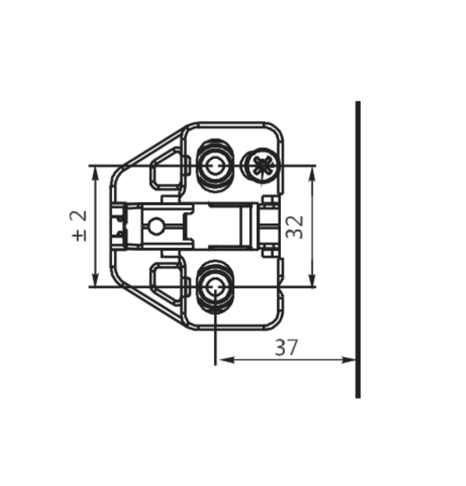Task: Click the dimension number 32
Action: [295, 227]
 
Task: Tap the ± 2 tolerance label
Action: [79, 226]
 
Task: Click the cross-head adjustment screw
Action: [262, 166]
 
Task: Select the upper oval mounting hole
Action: [215, 165]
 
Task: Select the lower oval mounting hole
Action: [215, 287]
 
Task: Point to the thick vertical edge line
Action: [358, 250]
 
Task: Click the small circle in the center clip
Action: [156, 226]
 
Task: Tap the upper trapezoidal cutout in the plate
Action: [167, 169]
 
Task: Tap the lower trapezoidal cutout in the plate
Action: [167, 284]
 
